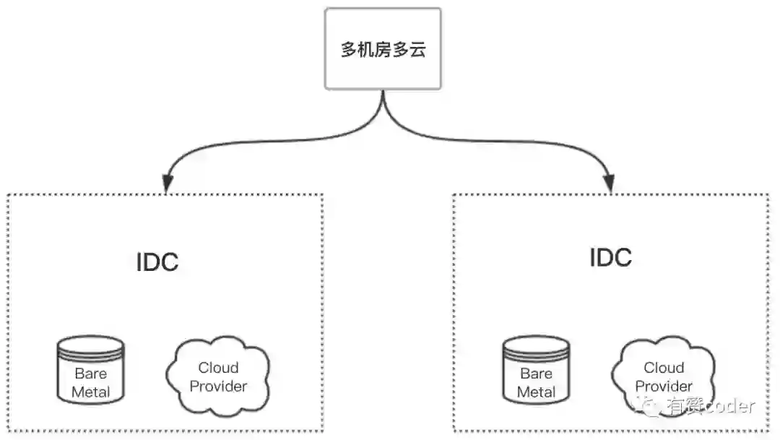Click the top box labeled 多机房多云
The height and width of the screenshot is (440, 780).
(x=383, y=49)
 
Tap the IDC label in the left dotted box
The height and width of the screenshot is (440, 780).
(x=157, y=262)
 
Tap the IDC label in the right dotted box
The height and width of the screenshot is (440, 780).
(x=610, y=257)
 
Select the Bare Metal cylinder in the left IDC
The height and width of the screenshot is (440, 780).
(x=91, y=370)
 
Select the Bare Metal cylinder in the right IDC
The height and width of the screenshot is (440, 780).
(x=536, y=370)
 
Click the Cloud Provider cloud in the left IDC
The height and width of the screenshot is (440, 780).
(x=218, y=376)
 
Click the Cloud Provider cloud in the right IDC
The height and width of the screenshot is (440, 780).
(x=663, y=376)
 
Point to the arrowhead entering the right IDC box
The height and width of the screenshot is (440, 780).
(x=610, y=185)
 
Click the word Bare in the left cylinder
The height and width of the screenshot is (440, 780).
(x=91, y=374)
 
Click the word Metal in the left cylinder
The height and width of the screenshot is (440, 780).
(x=91, y=392)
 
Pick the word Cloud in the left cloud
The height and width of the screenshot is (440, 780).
(x=218, y=368)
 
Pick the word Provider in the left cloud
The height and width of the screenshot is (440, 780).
(x=218, y=387)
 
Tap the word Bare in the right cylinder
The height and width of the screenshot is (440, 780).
(x=536, y=374)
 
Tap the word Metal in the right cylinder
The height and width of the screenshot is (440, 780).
(x=536, y=392)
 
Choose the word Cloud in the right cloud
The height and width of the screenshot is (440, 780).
(x=664, y=368)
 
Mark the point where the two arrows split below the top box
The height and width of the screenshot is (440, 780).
(x=383, y=108)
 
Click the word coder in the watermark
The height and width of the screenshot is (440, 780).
(x=729, y=406)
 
